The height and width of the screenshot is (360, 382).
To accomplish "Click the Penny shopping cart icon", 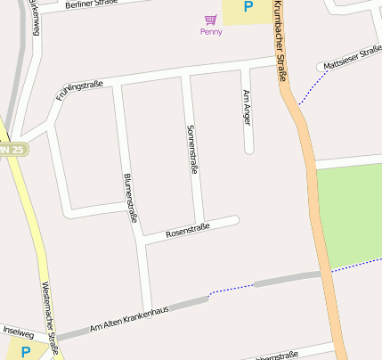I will pyautogui.click(x=211, y=19).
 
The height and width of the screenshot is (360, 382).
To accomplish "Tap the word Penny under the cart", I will pyautogui.click(x=211, y=32).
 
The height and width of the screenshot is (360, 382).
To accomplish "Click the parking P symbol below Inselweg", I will pyautogui.click(x=26, y=352).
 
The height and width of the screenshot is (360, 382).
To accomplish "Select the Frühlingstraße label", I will pyautogui.click(x=79, y=90).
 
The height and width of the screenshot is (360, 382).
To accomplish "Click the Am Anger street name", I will pyautogui.click(x=247, y=107).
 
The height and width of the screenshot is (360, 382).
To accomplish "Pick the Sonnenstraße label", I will pyautogui.click(x=191, y=148).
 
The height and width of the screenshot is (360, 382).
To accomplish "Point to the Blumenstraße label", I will pyautogui.click(x=130, y=197).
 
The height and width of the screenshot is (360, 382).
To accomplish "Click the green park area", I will pyautogui.click(x=349, y=214).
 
